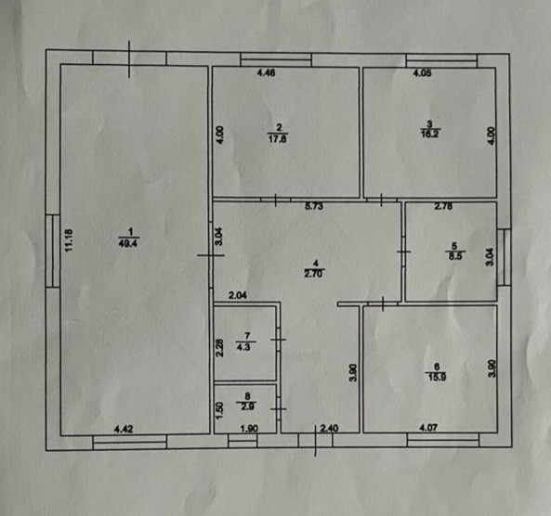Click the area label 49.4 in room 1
tap(128, 243)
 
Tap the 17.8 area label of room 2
tap(278, 138)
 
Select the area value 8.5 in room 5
tap(455, 256)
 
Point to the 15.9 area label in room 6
tap(437, 378)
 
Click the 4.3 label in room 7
tap(243, 347)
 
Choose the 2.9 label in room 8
tap(247, 406)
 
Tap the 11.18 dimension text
tap(69, 240)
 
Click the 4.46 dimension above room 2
tap(266, 73)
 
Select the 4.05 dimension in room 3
tap(422, 73)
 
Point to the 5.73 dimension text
tap(314, 206)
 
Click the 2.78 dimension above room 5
tap(443, 206)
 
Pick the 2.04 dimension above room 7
tap(238, 295)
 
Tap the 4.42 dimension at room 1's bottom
tap(124, 429)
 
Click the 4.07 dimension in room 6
tap(428, 428)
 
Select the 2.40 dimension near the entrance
tap(330, 428)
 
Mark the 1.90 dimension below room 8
tap(249, 429)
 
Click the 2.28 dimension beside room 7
tap(219, 347)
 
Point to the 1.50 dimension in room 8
tap(219, 410)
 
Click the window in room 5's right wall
tap(505, 256)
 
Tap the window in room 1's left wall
tap(53, 252)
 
